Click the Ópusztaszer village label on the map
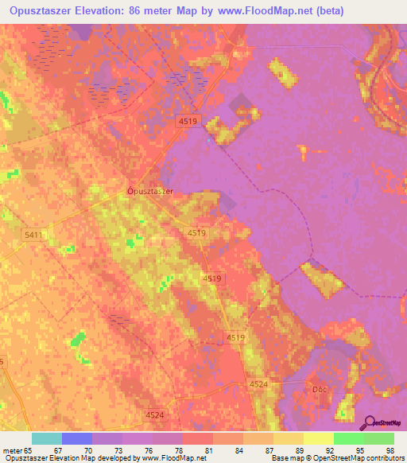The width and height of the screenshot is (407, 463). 150,191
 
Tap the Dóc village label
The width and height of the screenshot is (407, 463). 316,389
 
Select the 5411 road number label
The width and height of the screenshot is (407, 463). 33,235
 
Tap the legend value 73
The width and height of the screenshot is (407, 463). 104,450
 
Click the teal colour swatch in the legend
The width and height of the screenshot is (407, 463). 47,438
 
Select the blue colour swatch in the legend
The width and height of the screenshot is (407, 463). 77,438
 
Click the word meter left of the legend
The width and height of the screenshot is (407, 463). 13,450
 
